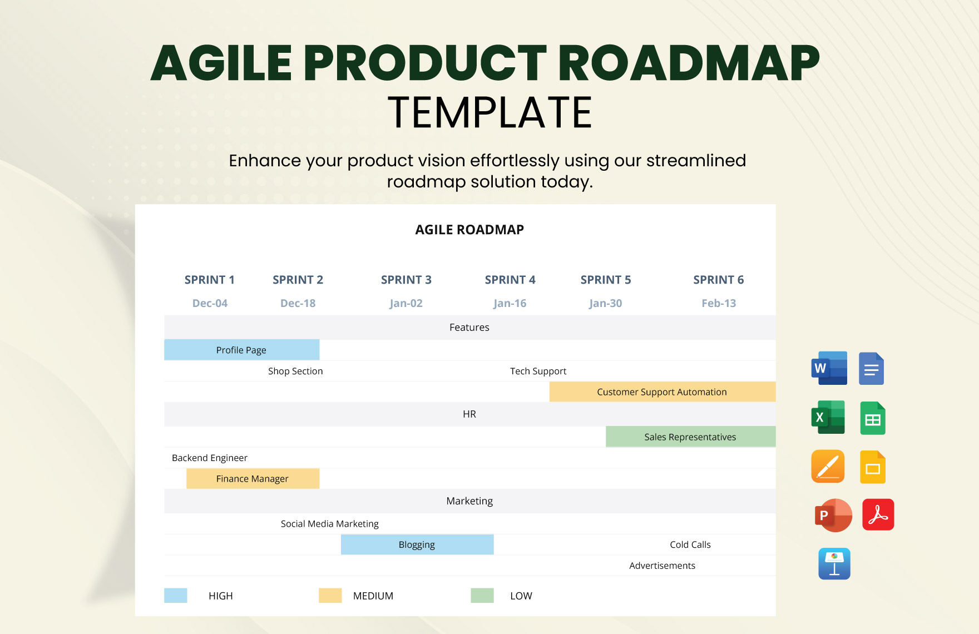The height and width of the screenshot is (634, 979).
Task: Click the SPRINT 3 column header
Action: [x=406, y=280]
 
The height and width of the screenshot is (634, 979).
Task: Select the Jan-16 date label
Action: [x=510, y=303]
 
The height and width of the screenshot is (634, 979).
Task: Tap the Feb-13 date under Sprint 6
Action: [x=718, y=303]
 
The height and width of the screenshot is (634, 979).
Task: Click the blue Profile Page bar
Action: [x=241, y=350]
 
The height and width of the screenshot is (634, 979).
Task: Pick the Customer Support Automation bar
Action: [x=662, y=392]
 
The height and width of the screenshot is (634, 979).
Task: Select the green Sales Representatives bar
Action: [x=690, y=437]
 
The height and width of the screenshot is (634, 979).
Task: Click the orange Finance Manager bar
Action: [x=253, y=478]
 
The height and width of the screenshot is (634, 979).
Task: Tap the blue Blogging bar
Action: [x=417, y=544]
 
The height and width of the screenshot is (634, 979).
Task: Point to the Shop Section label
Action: [x=295, y=371]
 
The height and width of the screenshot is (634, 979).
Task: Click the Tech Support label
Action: [x=538, y=371]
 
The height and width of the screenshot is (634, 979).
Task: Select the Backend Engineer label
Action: [x=210, y=458]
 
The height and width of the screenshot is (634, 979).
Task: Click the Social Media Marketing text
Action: [x=329, y=523]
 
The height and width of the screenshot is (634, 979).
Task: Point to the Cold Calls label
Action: [x=690, y=544]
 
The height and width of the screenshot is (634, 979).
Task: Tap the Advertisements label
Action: [x=662, y=566]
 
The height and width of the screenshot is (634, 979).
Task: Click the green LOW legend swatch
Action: [x=482, y=596]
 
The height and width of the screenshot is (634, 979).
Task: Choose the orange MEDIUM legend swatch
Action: [x=330, y=596]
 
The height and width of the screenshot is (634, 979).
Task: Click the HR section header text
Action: [x=469, y=414]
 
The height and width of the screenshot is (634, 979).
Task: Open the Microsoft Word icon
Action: [x=829, y=368]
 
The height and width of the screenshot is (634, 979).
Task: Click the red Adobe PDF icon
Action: [x=878, y=514]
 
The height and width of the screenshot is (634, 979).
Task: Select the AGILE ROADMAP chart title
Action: [x=469, y=230]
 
